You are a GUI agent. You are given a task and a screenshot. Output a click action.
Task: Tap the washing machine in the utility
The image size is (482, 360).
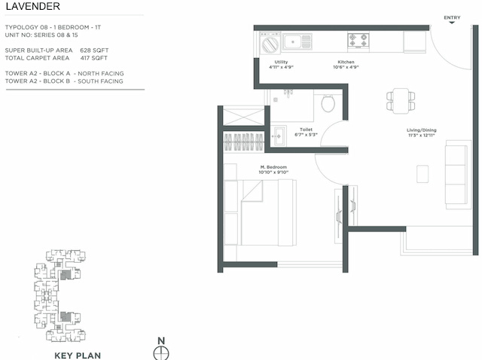pyautogui.click(x=270, y=44)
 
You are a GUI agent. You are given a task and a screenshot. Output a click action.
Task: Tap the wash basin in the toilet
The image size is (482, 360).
pyautogui.click(x=277, y=136)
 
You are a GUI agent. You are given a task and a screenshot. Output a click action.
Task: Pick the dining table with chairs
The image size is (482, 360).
pyautogui.click(x=400, y=99)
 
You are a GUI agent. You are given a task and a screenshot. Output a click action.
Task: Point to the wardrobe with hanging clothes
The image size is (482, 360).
pyautogui.click(x=246, y=142)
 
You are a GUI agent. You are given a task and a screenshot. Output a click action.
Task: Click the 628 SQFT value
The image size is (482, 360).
pyautogui.click(x=94, y=50)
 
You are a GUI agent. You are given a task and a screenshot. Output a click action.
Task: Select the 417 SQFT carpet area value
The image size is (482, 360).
pyautogui.click(x=94, y=57)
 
